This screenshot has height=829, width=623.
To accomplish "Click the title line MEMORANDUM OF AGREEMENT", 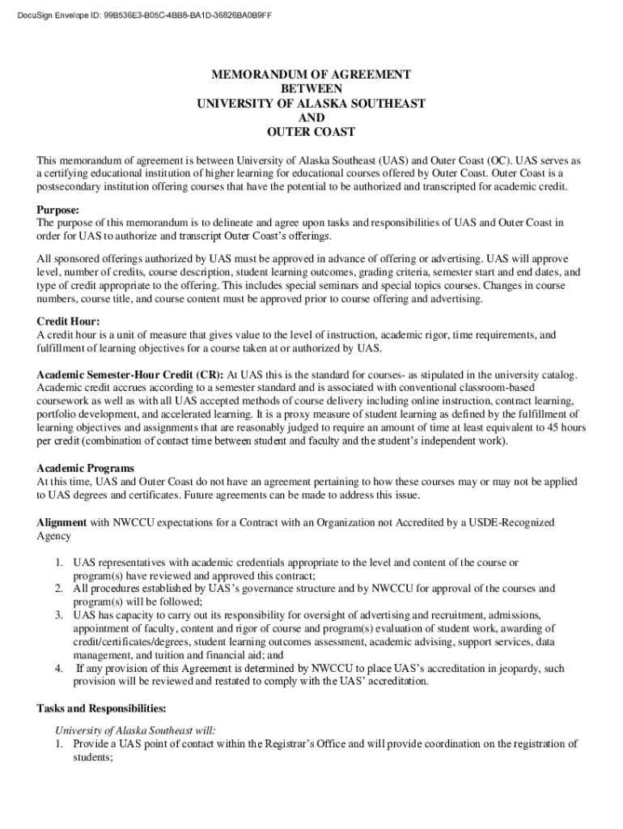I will coord(311,74).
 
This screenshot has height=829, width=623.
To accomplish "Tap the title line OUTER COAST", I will coord(311,132).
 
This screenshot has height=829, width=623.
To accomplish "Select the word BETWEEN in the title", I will coord(311,89).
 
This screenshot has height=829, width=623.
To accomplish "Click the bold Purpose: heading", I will coord(61,210).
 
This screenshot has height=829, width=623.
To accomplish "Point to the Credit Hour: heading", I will coord(69,321).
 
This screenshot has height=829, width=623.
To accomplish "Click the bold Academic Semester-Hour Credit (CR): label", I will coord(130,376).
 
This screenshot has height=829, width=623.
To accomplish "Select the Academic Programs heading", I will coord(86,469).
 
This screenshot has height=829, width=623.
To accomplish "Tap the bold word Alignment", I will coord(62,523).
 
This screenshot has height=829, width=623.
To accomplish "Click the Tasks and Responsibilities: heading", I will coord(102,708).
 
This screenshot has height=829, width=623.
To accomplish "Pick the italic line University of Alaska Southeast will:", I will coord(130,729).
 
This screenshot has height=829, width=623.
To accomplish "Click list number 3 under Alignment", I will coord(59,615).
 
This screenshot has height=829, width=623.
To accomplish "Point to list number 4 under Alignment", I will coord(59,669).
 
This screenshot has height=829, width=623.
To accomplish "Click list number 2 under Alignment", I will coord(59,589).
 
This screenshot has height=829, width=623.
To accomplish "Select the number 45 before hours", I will coord(551,428).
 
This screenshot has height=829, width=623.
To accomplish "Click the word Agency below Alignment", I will coord(54,536).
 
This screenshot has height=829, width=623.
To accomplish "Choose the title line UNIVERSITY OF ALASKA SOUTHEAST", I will coord(311,104).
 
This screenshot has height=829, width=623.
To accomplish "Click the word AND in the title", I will coord(311,118).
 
